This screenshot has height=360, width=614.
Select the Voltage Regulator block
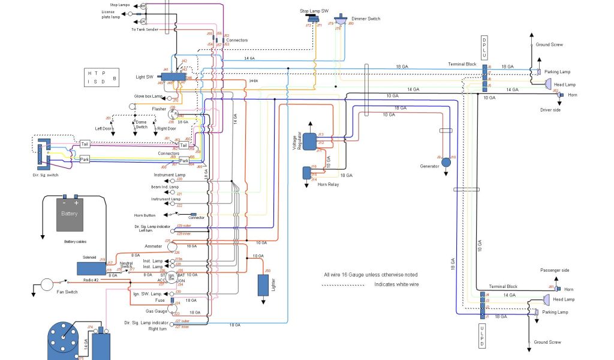coord(309,141)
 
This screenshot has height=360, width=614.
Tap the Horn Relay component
coord(307,173)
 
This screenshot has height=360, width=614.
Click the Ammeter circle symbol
coord(172,247)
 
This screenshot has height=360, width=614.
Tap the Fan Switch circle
coord(46,284)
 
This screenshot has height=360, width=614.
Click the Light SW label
coord(145,77)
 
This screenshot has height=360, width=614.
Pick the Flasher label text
coord(159,109)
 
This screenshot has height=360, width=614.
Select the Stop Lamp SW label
coord(314,11)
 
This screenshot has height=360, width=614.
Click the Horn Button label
coord(145,215)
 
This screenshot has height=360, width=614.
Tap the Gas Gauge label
coord(155,312)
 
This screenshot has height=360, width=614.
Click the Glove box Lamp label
coord(149,96)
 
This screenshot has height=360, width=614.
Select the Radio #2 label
coord(92,281)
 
